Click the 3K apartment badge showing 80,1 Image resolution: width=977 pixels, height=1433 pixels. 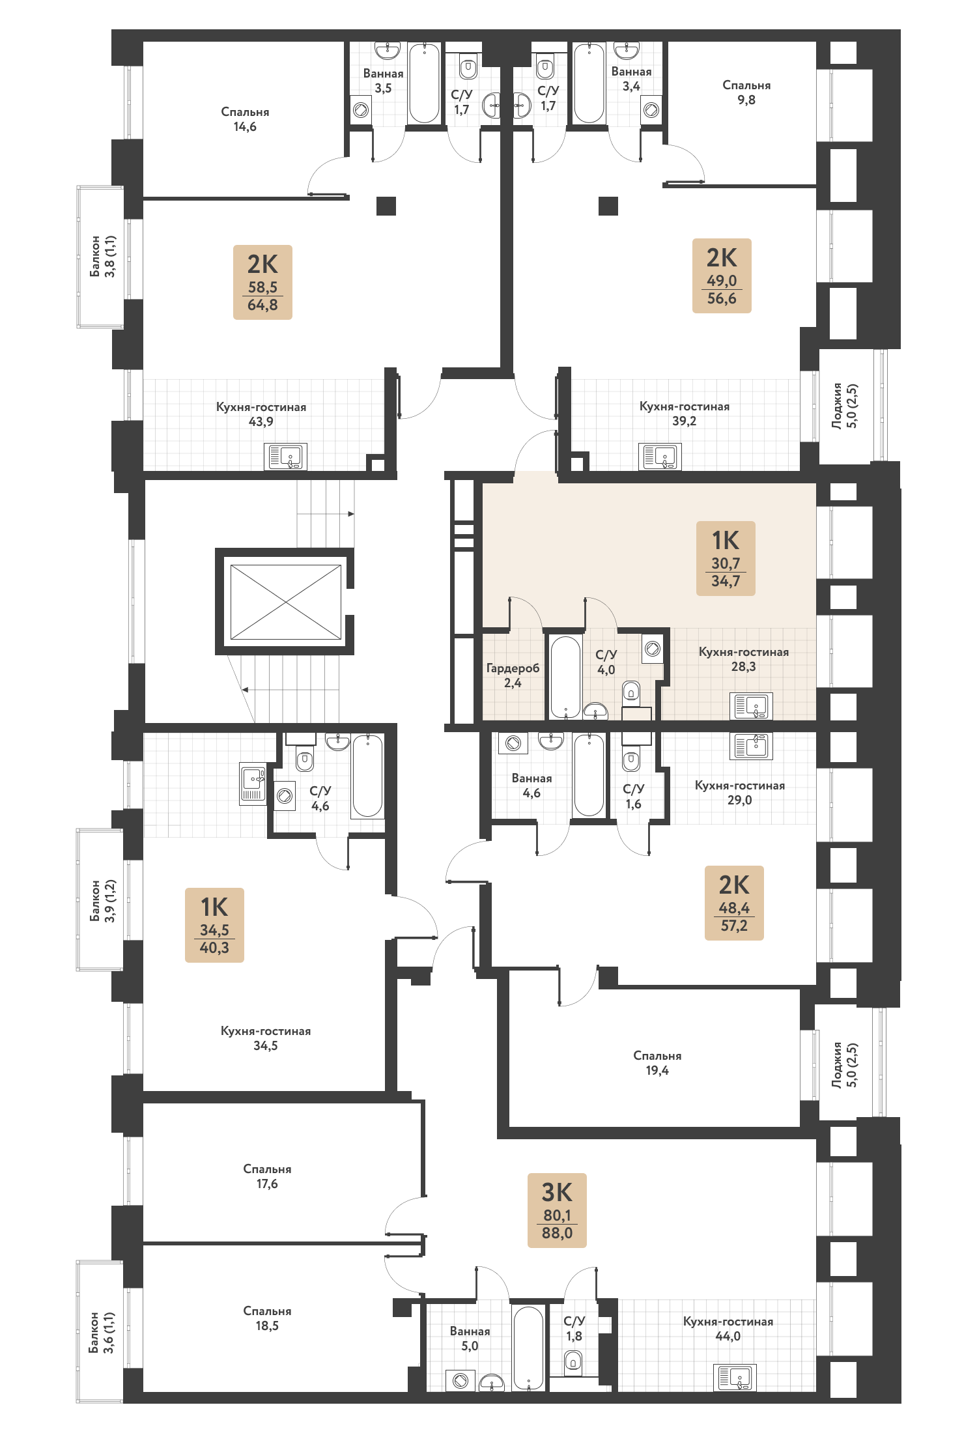[557, 1210]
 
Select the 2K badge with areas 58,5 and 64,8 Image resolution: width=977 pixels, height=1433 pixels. [262, 282]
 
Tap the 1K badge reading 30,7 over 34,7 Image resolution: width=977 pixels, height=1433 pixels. [726, 558]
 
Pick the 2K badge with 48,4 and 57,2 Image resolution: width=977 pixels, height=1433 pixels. [734, 903]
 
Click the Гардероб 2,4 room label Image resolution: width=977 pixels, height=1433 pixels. [513, 675]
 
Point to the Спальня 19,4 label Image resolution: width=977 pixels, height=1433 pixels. [657, 1063]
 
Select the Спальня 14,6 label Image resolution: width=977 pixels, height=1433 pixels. [245, 119]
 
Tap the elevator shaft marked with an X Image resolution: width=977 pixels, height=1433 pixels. [286, 602]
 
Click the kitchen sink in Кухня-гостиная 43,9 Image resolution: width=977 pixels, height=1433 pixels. [285, 457]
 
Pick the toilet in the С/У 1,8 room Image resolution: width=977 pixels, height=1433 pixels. [573, 1361]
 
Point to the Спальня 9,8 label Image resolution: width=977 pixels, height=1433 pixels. [746, 92]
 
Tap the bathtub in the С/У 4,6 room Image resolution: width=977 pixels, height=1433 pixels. [367, 776]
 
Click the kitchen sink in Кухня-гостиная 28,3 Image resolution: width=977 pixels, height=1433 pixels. [752, 705]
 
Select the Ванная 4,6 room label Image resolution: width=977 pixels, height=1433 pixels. [531, 786]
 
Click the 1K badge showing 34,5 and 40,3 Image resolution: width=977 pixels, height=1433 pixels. [214, 925]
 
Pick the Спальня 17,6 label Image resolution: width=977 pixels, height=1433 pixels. [267, 1176]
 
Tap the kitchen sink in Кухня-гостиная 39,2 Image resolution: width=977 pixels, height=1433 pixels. [660, 457]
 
